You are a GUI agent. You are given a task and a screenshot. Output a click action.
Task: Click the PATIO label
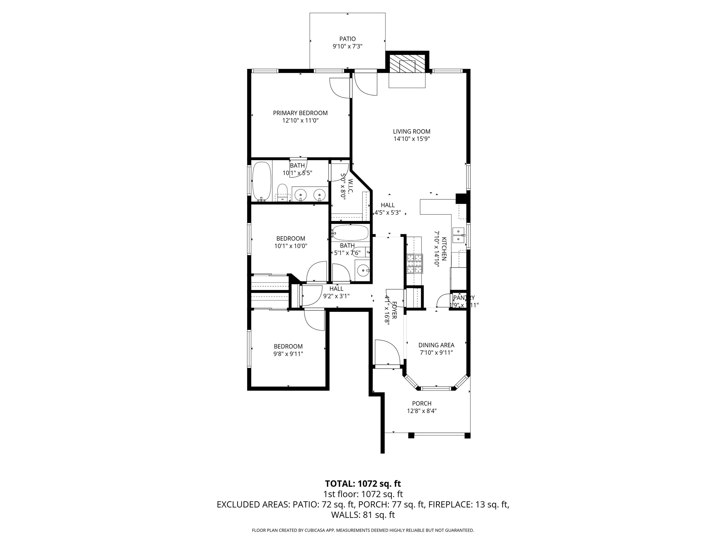[x=347, y=39]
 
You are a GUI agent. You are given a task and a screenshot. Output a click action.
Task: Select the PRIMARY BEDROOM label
[x=300, y=113]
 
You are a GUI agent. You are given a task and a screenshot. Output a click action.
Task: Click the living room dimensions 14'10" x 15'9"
[x=412, y=139]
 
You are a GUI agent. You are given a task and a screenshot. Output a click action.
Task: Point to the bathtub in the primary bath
[x=262, y=181]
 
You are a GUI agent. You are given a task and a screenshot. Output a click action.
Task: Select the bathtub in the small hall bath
[x=351, y=233]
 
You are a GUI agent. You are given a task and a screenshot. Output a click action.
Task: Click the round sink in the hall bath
[x=362, y=271]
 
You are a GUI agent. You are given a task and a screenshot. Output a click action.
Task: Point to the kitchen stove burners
[x=415, y=264]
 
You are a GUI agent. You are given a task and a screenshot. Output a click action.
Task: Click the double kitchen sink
[x=459, y=235]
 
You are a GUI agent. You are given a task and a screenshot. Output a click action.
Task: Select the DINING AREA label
[x=436, y=345]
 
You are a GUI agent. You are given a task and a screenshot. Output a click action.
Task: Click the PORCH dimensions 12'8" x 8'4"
[x=421, y=411]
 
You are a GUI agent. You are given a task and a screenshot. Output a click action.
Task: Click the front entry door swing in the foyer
[x=388, y=351]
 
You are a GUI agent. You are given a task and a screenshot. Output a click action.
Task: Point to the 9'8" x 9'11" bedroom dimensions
[x=288, y=354]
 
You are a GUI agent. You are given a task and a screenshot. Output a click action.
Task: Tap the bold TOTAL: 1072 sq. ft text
[x=363, y=484]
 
